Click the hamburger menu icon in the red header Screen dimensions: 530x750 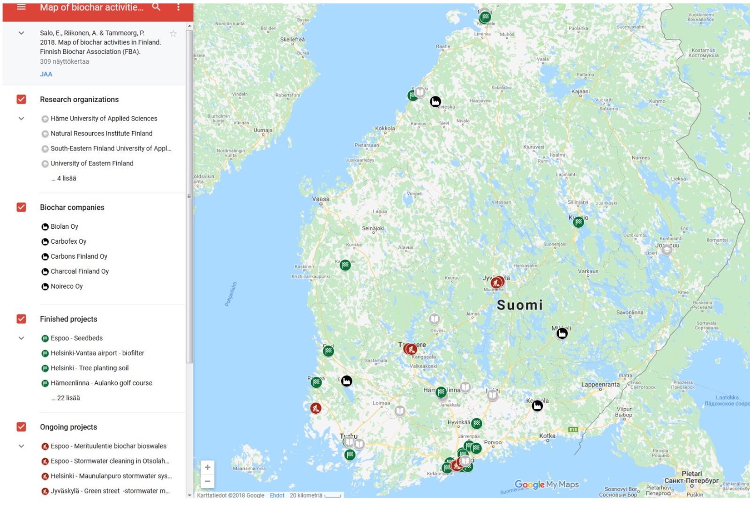tap(21, 7)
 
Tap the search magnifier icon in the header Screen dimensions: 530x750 tap(156, 7)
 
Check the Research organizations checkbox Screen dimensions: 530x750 tap(21, 99)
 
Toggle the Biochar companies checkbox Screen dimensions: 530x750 tap(21, 207)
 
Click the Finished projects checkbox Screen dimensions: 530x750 tap(21, 319)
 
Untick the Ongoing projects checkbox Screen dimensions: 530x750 tap(21, 427)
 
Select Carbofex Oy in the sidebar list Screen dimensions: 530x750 tap(68, 241)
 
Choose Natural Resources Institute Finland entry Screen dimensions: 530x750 tap(101, 134)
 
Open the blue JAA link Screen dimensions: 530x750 tap(46, 74)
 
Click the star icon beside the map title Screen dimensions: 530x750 tap(173, 33)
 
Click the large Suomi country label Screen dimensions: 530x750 tap(519, 306)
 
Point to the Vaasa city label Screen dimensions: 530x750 tap(321, 199)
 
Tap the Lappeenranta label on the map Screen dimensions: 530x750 tap(600, 385)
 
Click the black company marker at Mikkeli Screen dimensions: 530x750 tap(562, 333)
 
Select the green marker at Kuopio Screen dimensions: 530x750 tap(578, 222)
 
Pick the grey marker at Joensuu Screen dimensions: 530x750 tap(667, 250)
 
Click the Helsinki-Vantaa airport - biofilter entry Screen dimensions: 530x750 tap(97, 353)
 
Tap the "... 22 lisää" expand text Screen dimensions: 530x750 tap(66, 398)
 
